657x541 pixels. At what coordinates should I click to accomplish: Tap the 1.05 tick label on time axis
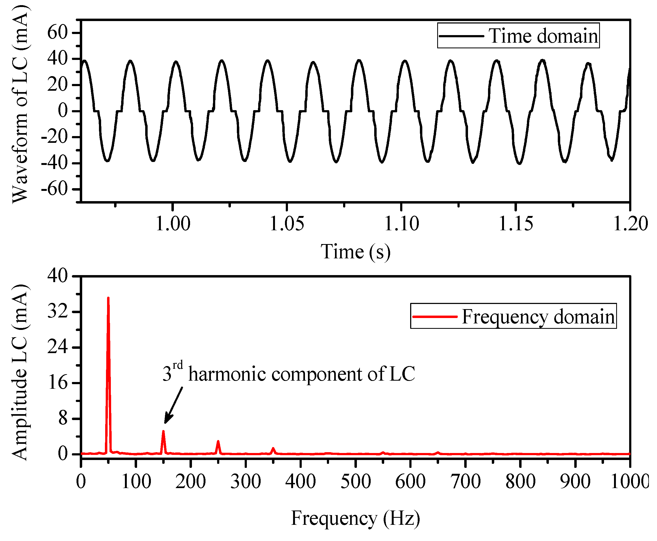tap(287, 224)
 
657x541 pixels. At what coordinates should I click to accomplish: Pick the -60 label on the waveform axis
tap(54, 189)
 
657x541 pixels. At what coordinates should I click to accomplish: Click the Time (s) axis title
tap(356, 252)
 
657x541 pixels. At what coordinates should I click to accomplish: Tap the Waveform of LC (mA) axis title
tap(20, 105)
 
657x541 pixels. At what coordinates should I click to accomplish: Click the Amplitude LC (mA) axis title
tap(20, 372)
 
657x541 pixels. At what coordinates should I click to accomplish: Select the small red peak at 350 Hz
tap(273, 449)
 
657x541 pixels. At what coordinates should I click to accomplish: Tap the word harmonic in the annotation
tap(227, 374)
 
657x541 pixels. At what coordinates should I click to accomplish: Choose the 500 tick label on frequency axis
tap(356, 482)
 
